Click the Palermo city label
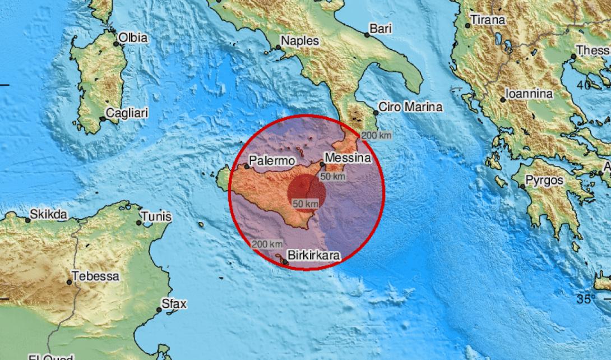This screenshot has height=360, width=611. click(x=271, y=161)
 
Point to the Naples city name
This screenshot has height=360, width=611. click(x=299, y=40)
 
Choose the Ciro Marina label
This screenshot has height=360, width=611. click(x=410, y=107)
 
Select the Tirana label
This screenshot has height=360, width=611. click(x=488, y=20)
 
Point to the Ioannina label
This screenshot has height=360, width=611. click(x=529, y=94)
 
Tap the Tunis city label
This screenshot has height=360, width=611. click(x=156, y=216)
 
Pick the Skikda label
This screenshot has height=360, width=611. click(x=49, y=214)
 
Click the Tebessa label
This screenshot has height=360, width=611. click(x=96, y=276)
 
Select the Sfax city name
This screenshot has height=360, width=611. click(x=173, y=303)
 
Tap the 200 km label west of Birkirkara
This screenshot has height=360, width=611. click(x=267, y=244)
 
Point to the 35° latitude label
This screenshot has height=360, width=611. click(x=586, y=298)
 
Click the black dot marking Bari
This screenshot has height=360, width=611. click(x=367, y=34)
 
